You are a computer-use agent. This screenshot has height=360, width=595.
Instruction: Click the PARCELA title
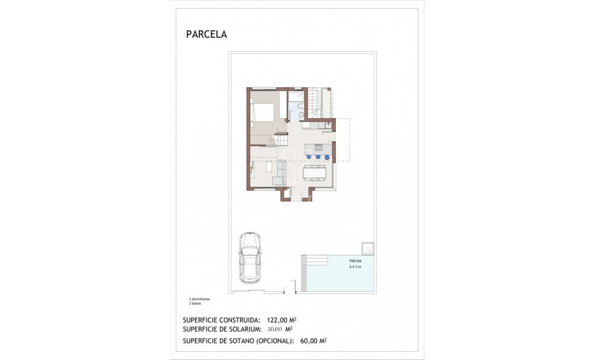point(206,34)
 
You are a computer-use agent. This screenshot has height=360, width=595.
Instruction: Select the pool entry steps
point(314,259)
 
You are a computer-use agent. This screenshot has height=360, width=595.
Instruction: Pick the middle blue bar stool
point(318,157)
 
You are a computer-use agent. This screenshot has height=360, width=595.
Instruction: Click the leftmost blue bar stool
point(309,157)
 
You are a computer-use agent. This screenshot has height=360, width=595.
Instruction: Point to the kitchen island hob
point(318,146)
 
